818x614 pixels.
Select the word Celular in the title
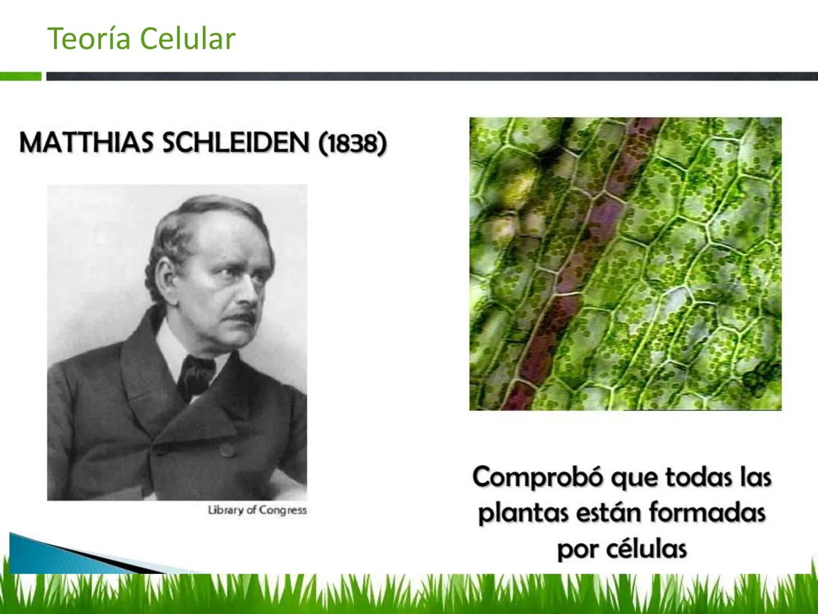(187, 39)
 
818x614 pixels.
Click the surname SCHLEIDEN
(236, 142)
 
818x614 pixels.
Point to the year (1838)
(352, 143)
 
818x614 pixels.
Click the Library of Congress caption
(257, 510)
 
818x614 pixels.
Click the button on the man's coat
(228, 450)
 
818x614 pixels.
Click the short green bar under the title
(20, 76)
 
